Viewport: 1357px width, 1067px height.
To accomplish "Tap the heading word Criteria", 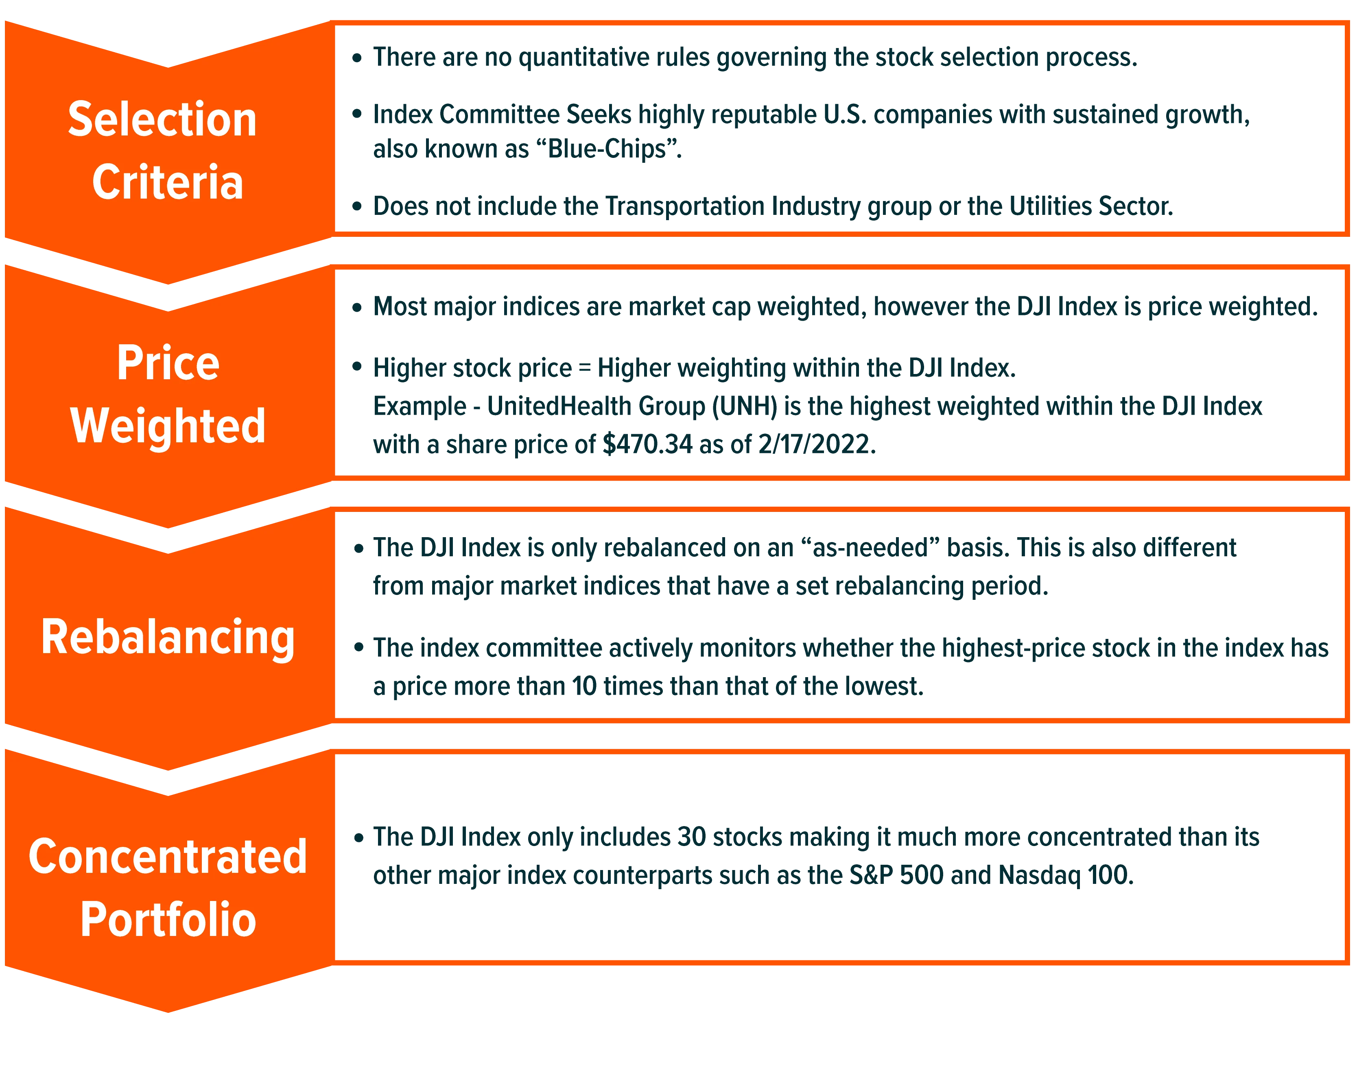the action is click(167, 182).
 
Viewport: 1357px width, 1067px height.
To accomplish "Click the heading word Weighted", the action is click(168, 426).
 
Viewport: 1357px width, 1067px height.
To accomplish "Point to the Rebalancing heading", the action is click(168, 638).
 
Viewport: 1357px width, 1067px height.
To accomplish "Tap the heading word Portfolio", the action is click(168, 920).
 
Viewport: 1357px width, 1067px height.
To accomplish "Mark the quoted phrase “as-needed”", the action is click(870, 547).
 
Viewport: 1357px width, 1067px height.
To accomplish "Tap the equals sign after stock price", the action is click(585, 368).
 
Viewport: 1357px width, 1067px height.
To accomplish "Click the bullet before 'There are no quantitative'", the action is click(357, 58).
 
